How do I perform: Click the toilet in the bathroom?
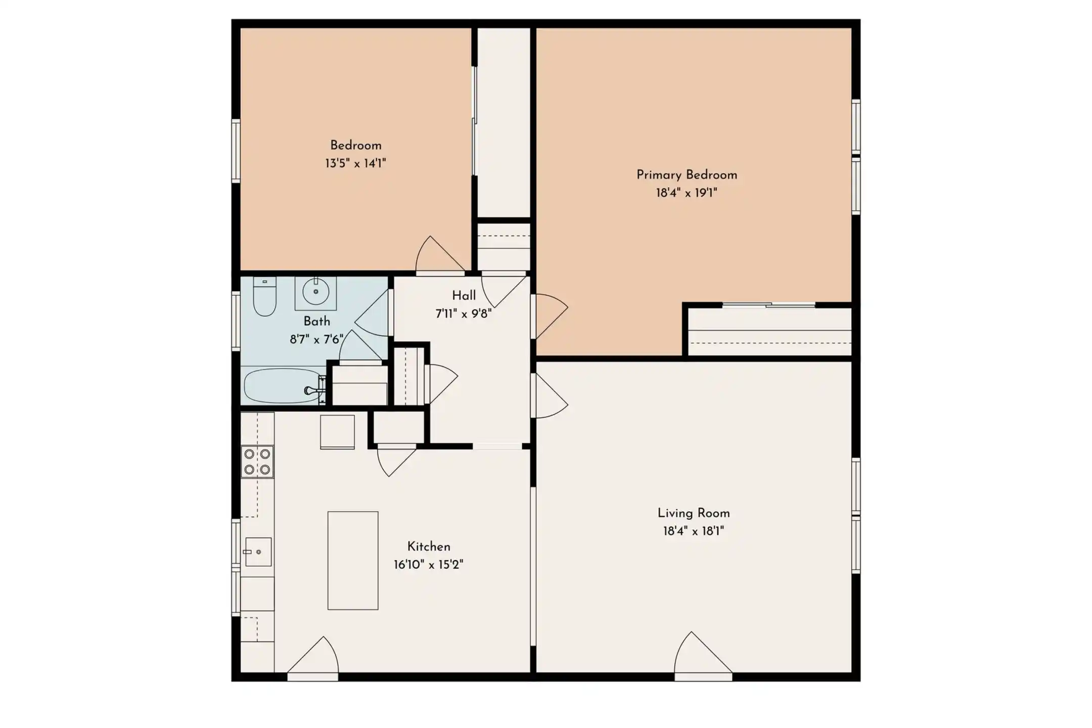264,297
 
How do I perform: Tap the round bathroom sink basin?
316,292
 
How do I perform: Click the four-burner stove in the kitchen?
257,462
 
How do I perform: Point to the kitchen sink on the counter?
258,551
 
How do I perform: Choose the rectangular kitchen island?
353,560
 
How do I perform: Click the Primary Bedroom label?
687,175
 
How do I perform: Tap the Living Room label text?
694,513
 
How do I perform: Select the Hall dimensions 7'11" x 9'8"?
464,313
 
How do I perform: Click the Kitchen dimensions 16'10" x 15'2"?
429,564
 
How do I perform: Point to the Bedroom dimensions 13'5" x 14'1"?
355,163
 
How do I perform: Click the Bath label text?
317,321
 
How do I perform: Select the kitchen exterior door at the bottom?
313,655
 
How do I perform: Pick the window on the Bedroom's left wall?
236,151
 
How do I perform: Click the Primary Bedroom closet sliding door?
768,305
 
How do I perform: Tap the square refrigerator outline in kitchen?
337,432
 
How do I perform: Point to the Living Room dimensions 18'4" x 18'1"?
694,531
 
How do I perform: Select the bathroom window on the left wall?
236,321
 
